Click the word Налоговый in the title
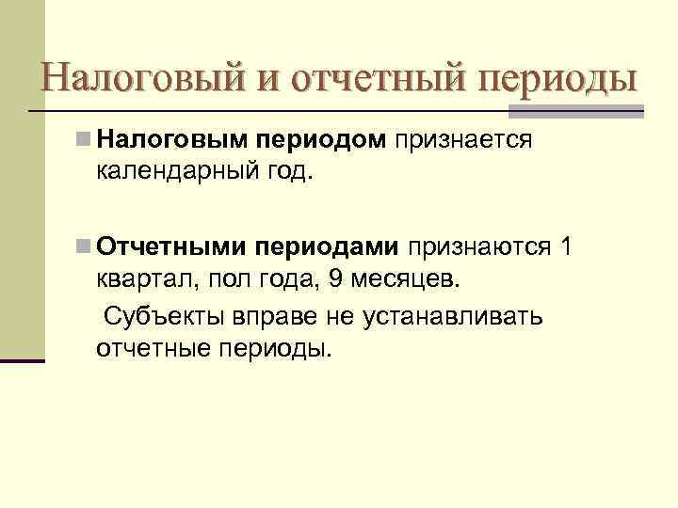[x=138, y=76]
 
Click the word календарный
[x=173, y=175]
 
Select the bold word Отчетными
[x=171, y=246]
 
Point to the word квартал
[x=139, y=280]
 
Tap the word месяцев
[x=402, y=280]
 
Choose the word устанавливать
[x=451, y=314]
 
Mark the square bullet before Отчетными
[x=85, y=246]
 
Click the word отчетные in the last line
[x=154, y=348]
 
